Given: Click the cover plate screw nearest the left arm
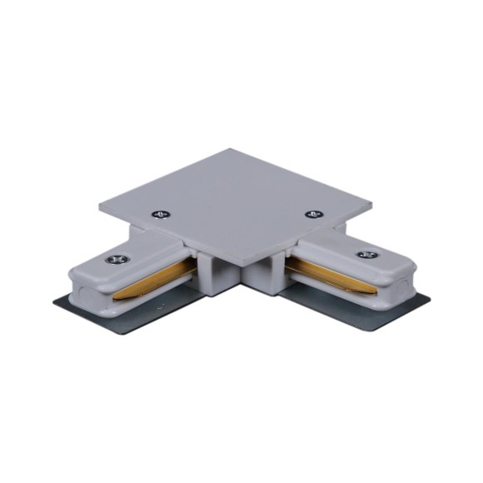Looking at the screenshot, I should [x=161, y=213].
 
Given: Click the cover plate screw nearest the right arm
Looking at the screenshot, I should [x=314, y=214].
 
